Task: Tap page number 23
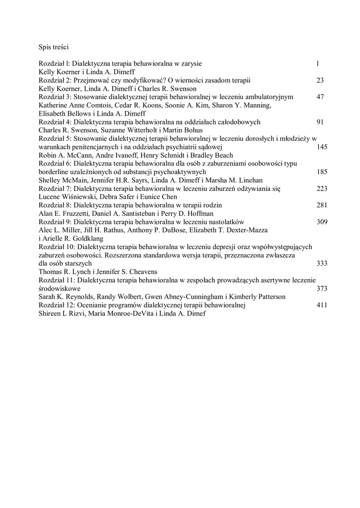[x=320, y=80]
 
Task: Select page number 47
[x=320, y=97]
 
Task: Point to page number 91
[x=320, y=122]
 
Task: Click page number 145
[x=322, y=147]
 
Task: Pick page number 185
[x=322, y=172]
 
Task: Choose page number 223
[x=322, y=189]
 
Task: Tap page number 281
[x=322, y=205]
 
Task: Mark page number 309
[x=322, y=222]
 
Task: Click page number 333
[x=322, y=264]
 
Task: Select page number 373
[x=322, y=289]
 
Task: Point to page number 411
[x=322, y=306]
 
